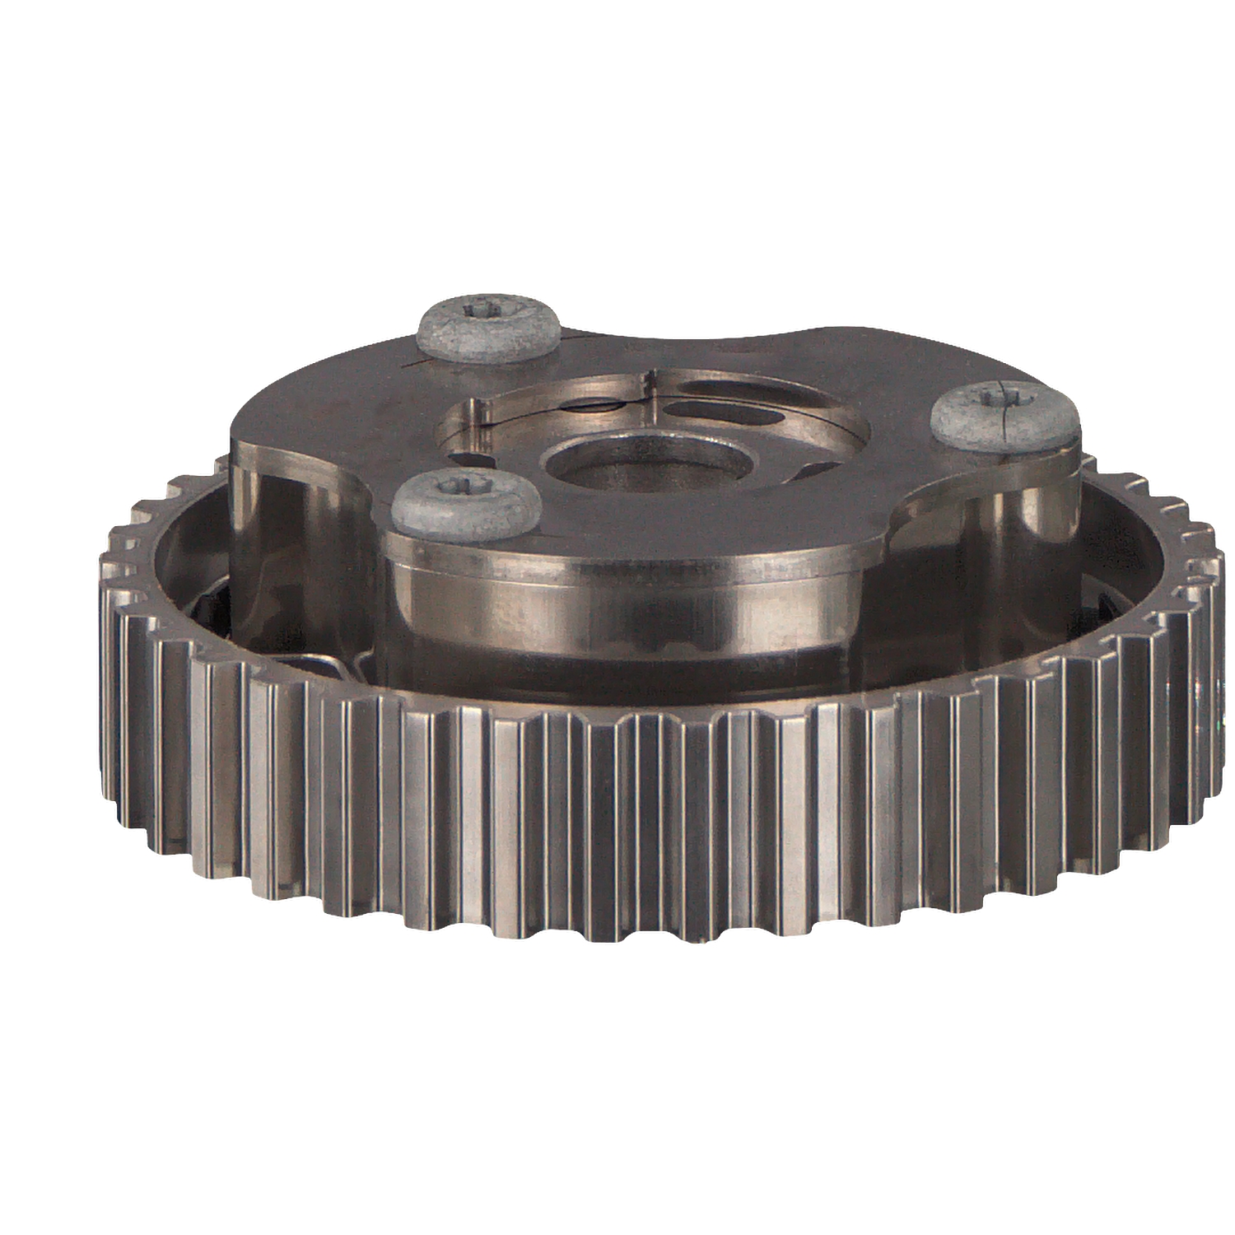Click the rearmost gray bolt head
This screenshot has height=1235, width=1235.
pos(491,328)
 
